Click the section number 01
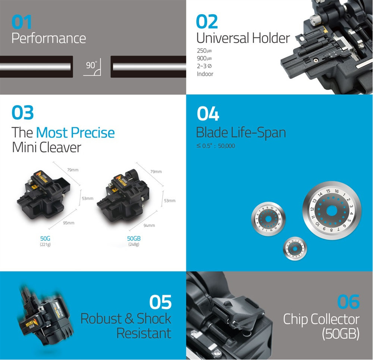click(21, 22)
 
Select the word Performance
click(49, 38)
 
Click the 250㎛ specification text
click(204, 51)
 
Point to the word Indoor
click(205, 74)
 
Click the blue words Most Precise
click(75, 132)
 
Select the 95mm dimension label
click(69, 223)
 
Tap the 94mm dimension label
click(149, 225)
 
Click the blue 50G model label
click(45, 238)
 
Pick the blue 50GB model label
click(134, 238)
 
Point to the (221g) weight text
click(45, 244)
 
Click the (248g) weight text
click(134, 244)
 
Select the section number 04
click(208, 114)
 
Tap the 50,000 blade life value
click(226, 146)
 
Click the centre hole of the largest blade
click(332, 211)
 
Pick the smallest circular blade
click(295, 249)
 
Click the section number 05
click(160, 302)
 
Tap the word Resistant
click(144, 333)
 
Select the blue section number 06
click(348, 302)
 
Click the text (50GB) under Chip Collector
click(341, 333)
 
